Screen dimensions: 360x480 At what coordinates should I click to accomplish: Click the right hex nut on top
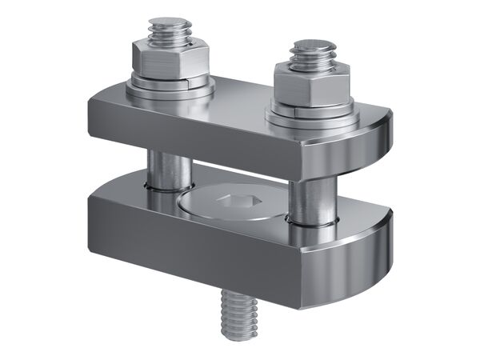pos(311,81)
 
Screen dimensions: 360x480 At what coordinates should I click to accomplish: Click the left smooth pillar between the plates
pos(169,170)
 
